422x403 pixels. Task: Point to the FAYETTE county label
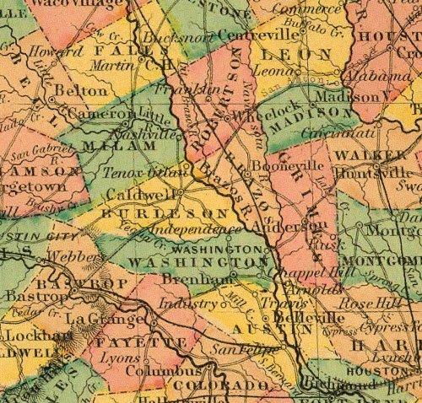click(126, 345)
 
